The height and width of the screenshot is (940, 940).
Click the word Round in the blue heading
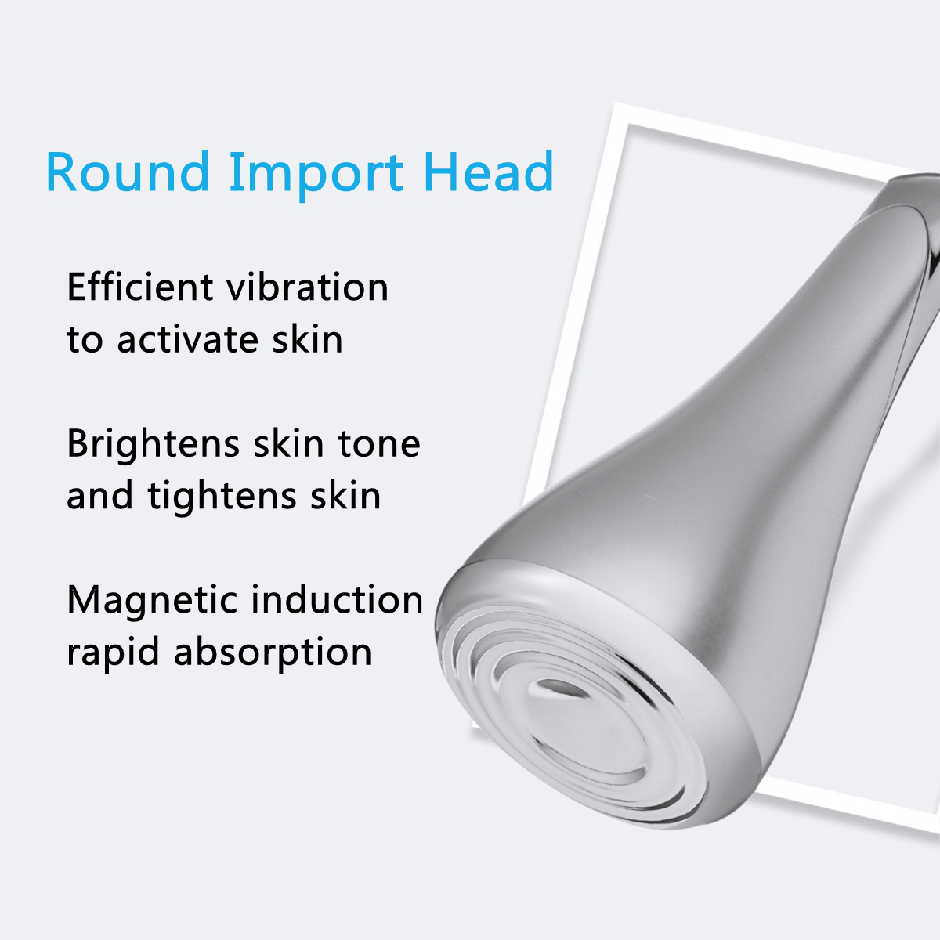[x=128, y=172]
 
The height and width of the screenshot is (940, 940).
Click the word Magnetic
[x=152, y=601]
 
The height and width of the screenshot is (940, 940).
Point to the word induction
[x=337, y=600]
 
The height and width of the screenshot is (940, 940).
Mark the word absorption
[x=273, y=653]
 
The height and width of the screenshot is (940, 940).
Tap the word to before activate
[x=85, y=340]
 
